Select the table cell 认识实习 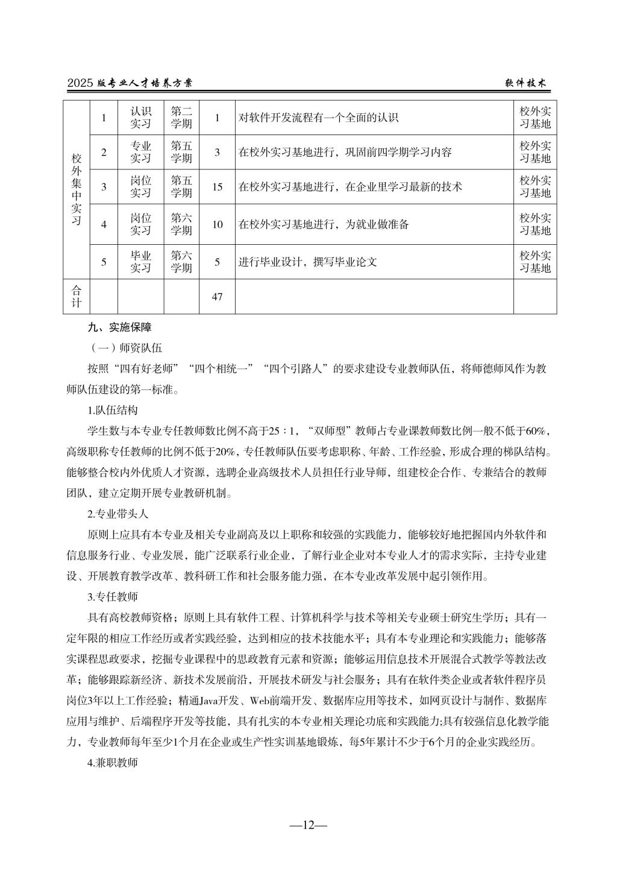(x=141, y=118)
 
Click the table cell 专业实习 (x=141, y=152)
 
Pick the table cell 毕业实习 (x=141, y=262)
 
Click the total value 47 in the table (x=217, y=297)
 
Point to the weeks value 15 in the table (x=217, y=187)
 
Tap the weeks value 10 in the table (x=217, y=224)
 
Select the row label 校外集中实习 (x=77, y=189)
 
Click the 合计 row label (x=77, y=297)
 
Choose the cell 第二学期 (x=181, y=118)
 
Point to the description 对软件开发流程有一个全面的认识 (x=319, y=118)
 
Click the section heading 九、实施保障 (x=119, y=328)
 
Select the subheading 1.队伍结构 (x=113, y=411)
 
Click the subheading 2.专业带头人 (x=117, y=514)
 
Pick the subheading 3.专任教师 (x=113, y=597)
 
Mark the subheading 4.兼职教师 (x=113, y=763)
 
